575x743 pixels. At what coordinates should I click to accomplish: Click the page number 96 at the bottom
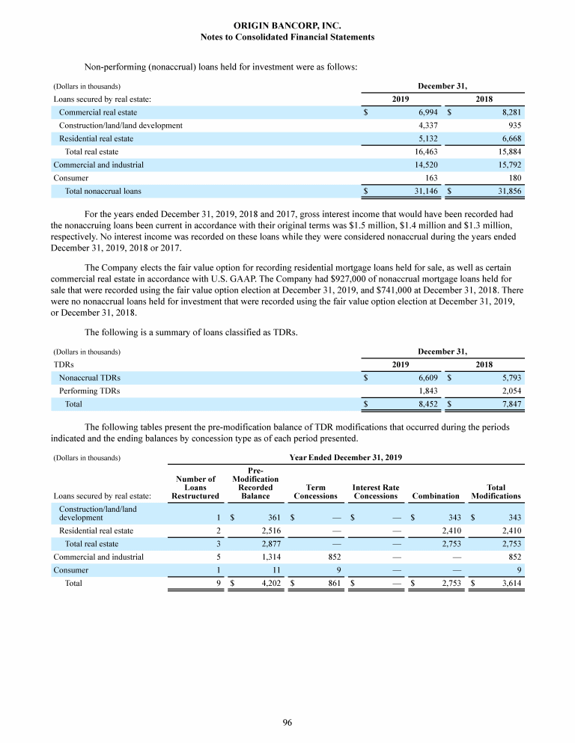(x=287, y=722)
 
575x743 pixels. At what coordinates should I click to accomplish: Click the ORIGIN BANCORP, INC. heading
(x=287, y=25)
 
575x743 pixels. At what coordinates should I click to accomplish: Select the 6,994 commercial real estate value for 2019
(x=427, y=111)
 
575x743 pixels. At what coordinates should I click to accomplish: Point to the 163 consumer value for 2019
(x=431, y=178)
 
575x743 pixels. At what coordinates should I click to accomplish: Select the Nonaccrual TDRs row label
(x=90, y=378)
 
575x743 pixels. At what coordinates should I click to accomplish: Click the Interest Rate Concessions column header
(x=375, y=491)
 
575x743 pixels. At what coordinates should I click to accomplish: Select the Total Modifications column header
(x=496, y=491)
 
